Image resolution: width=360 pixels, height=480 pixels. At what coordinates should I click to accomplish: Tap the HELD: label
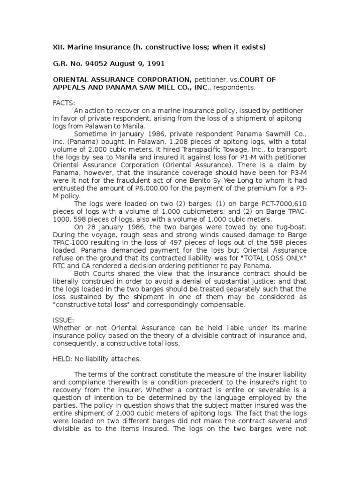pyautogui.click(x=63, y=359)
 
